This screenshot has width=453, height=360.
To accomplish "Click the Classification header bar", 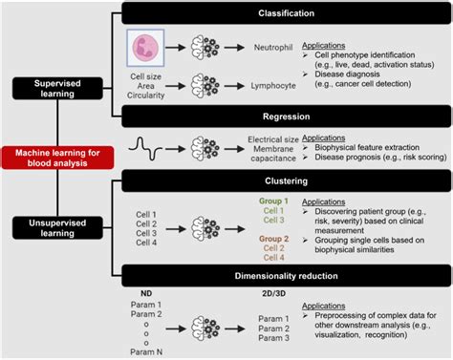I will click(286, 12).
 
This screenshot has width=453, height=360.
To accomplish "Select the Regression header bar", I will click(286, 115).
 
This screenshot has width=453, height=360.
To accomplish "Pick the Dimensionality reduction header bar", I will click(286, 273).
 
